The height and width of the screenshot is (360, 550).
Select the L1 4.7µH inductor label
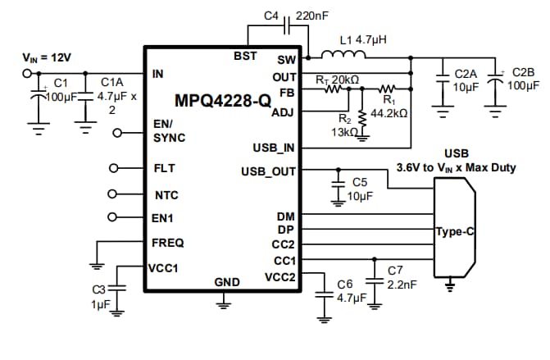click(x=363, y=39)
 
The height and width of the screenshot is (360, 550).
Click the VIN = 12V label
click(x=47, y=57)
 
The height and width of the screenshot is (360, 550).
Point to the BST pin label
click(x=245, y=56)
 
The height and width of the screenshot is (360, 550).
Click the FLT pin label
click(x=164, y=168)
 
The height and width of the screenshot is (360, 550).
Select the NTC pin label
click(x=166, y=196)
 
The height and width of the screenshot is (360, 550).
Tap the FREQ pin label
click(x=168, y=243)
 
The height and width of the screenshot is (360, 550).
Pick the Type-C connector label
click(x=455, y=232)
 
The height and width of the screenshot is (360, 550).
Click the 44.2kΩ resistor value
click(x=389, y=112)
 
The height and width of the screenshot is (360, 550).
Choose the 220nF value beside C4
click(x=312, y=15)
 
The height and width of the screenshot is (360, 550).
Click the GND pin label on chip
click(x=227, y=282)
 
